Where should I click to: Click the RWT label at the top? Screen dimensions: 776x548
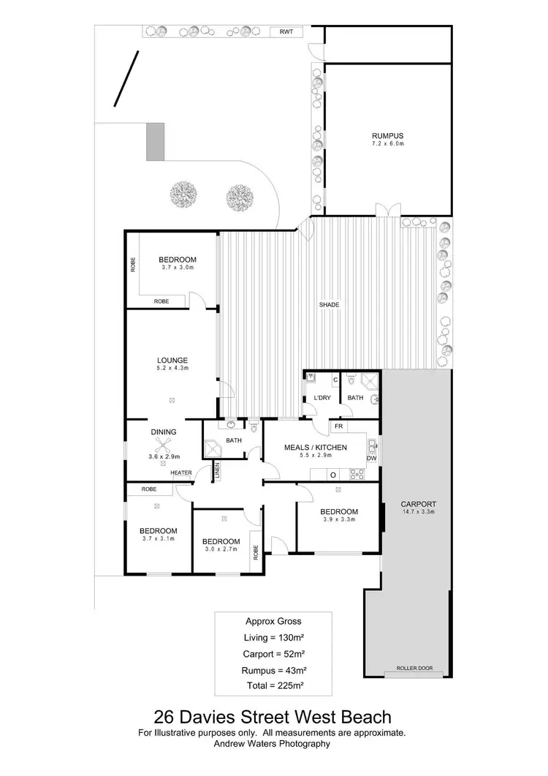click(286, 32)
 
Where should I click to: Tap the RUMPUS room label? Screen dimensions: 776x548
click(387, 136)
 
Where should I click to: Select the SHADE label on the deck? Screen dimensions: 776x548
click(329, 304)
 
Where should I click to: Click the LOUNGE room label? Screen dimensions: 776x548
click(172, 360)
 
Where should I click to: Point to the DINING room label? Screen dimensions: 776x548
click(164, 432)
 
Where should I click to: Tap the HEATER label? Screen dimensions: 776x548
click(181, 472)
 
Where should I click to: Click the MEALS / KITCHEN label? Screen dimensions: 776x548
click(316, 447)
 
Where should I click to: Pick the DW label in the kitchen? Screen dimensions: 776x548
click(372, 459)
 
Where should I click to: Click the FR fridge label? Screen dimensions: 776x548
click(338, 426)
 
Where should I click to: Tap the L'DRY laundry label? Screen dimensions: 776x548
click(322, 397)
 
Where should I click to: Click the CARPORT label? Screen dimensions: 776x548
click(419, 504)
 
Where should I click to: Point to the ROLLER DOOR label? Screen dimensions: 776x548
click(414, 668)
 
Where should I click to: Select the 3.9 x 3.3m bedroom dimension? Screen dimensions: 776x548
click(338, 521)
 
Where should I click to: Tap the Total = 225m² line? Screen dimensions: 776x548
click(272, 686)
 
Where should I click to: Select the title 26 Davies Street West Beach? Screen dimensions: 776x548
click(272, 717)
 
